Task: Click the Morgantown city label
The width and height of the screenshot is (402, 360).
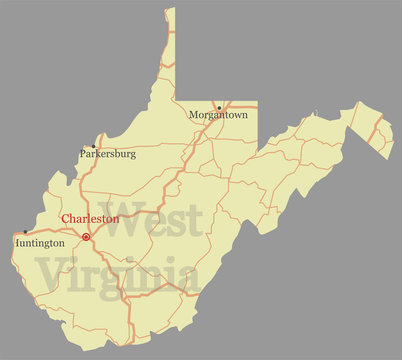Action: (x=218, y=115)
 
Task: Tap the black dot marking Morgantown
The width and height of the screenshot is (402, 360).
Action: (x=219, y=106)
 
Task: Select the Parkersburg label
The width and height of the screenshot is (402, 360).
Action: (x=108, y=154)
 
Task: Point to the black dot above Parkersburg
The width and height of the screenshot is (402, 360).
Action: (x=93, y=147)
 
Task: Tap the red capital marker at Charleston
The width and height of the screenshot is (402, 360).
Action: (x=87, y=237)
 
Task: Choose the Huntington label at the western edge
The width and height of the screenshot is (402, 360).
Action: (x=40, y=243)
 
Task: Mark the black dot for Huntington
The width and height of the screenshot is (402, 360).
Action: (x=25, y=233)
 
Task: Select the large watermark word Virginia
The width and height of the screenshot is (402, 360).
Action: (x=117, y=272)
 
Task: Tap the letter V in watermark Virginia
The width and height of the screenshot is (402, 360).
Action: (x=51, y=270)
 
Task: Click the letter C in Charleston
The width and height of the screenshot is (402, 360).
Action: (x=65, y=218)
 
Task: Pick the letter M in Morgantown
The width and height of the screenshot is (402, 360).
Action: (x=194, y=115)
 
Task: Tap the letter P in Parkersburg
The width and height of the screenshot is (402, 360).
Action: (x=83, y=154)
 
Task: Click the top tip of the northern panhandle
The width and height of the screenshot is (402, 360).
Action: (x=170, y=9)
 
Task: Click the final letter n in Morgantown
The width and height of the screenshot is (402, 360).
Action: (x=244, y=115)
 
